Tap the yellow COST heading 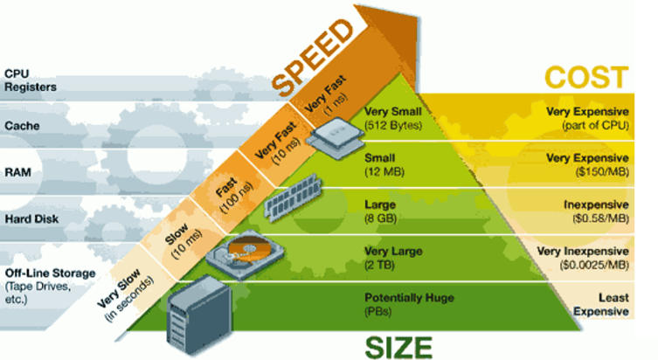[586, 77]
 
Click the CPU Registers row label [31, 80]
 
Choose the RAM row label [17, 172]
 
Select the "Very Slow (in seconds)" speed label [126, 287]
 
